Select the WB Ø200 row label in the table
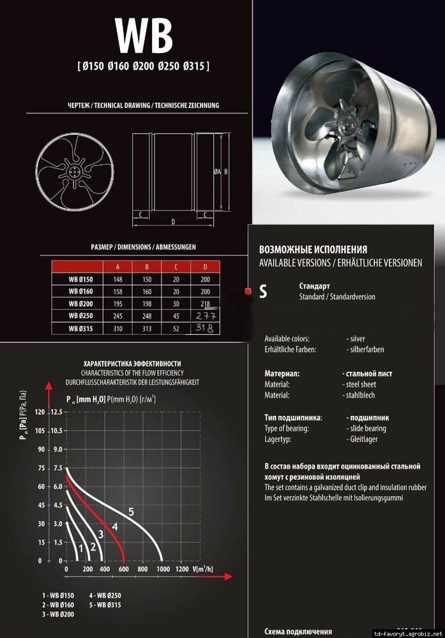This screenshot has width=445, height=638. click(x=80, y=303)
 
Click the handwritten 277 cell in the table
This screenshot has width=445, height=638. click(x=206, y=316)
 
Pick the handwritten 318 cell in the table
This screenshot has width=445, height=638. click(x=205, y=328)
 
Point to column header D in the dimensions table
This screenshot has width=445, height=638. click(x=205, y=267)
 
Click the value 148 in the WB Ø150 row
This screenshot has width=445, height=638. click(x=117, y=279)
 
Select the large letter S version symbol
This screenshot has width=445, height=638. click(x=262, y=292)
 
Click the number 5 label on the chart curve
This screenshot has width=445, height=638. click(x=131, y=511)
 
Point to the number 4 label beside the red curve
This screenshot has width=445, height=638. click(x=115, y=526)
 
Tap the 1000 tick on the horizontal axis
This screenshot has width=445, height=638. click(x=163, y=568)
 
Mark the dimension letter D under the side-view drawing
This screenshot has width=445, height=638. click(x=173, y=221)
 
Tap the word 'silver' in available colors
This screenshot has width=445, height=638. click(x=357, y=339)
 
